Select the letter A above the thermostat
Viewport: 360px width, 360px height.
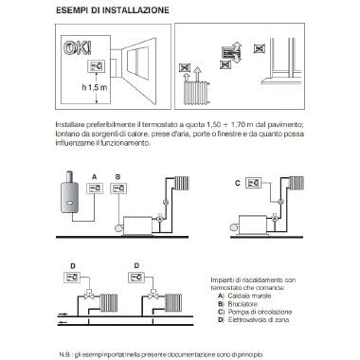coord(95,176)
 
